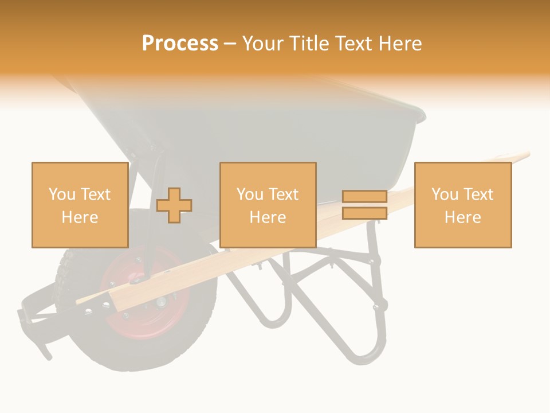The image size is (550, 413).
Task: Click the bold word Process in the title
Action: [x=180, y=44]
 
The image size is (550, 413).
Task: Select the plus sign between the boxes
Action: [x=174, y=205]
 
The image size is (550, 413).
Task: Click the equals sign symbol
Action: [x=364, y=205]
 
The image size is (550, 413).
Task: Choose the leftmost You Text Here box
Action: [x=80, y=205]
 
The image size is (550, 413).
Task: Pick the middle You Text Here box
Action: [x=268, y=205]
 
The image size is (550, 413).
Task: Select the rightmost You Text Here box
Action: [x=462, y=205]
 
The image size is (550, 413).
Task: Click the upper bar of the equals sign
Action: [x=364, y=197]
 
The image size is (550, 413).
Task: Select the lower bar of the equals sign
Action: [x=364, y=213]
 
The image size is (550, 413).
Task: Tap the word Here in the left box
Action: [x=80, y=217]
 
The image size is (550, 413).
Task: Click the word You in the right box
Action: [x=444, y=194]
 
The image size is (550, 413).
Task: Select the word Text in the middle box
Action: [x=284, y=194]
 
